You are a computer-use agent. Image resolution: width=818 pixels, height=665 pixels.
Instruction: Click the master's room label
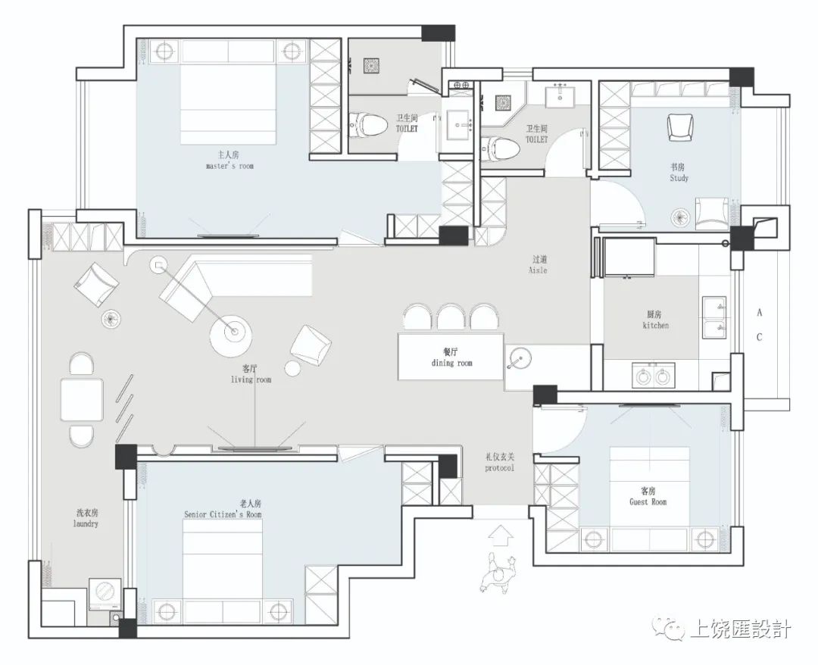pyautogui.click(x=229, y=161)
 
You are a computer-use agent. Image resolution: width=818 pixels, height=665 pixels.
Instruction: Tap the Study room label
pyautogui.click(x=679, y=173)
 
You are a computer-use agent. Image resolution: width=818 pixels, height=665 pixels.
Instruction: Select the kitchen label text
pyautogui.click(x=655, y=320)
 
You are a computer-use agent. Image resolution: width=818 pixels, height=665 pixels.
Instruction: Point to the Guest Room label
pyautogui.click(x=648, y=497)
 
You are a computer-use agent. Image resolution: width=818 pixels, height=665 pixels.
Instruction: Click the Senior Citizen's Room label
pyautogui.click(x=223, y=509)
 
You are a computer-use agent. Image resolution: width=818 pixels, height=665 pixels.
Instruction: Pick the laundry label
pyautogui.click(x=86, y=518)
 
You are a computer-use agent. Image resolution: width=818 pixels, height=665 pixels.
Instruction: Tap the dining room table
pyautogui.click(x=451, y=357)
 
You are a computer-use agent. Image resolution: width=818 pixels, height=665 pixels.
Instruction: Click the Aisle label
pyautogui.click(x=539, y=264)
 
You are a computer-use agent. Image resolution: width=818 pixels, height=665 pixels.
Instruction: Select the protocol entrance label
pyautogui.click(x=500, y=462)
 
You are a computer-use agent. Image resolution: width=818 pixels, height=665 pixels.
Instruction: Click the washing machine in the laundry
pyautogui.click(x=106, y=594)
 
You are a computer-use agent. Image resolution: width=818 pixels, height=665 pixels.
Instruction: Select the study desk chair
pyautogui.click(x=680, y=127)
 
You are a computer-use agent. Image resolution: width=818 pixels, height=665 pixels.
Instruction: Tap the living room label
pyautogui.click(x=251, y=374)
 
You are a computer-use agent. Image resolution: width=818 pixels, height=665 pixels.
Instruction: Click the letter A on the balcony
pyautogui.click(x=759, y=312)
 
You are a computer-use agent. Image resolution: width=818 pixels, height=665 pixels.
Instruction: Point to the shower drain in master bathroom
pyautogui.click(x=371, y=66)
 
